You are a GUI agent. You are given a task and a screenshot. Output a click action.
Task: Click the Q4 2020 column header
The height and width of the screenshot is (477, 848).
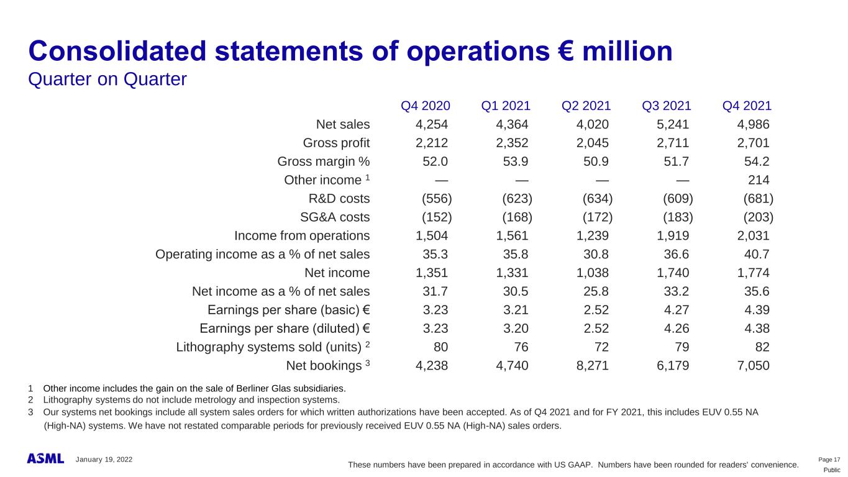pos(426,106)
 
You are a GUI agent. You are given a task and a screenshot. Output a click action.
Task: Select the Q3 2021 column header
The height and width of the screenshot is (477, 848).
pos(667,106)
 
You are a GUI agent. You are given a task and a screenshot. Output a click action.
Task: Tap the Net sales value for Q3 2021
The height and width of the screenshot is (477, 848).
pos(673,124)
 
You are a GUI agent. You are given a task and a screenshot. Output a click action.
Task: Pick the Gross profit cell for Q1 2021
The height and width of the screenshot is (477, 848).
pos(512,143)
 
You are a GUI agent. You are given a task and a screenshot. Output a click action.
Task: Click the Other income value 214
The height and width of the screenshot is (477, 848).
pos(759,180)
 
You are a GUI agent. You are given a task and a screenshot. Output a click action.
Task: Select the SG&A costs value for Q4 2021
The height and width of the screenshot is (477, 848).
pos(759,217)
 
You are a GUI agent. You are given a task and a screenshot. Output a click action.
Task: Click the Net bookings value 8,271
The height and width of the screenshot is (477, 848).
pos(593,365)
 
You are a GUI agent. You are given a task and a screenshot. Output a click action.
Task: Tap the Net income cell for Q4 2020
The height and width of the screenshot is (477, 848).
pos(431,273)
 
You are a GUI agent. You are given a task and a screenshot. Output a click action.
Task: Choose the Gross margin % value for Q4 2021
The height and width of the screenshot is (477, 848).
pos(757,161)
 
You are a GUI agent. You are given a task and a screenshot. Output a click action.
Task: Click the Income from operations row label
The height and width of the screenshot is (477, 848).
pos(302,236)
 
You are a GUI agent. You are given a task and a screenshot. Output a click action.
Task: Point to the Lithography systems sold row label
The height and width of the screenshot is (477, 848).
pos(270,347)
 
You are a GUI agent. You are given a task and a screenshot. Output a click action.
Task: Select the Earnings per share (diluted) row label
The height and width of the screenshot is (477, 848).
pos(285,328)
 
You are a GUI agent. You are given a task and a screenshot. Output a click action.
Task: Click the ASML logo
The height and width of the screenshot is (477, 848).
pos(45,458)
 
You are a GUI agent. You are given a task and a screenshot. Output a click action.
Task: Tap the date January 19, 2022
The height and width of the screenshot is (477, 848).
pos(104,459)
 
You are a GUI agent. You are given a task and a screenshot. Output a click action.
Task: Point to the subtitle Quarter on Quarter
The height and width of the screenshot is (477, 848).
pos(107,79)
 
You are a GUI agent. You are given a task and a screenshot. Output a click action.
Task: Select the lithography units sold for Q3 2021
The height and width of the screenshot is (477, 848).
pos(680,347)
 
